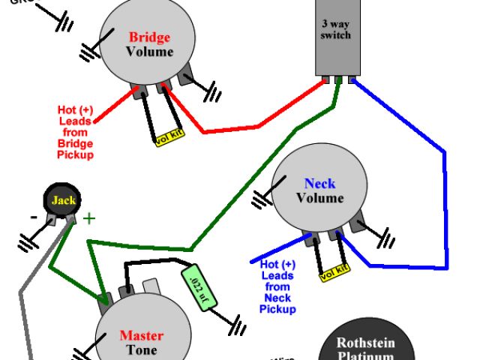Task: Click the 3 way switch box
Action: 334,37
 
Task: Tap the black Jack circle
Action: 63,201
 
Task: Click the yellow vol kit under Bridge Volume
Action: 169,137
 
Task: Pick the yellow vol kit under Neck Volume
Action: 334,274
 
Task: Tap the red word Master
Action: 142,336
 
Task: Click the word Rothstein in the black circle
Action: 365,343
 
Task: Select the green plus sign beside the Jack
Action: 89,219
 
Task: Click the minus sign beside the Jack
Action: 33,218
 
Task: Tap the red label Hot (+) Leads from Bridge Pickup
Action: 75,132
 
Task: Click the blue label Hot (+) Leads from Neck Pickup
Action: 277,286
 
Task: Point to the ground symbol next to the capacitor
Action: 239,328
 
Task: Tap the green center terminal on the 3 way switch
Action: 338,78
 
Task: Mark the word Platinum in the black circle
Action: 365,356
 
